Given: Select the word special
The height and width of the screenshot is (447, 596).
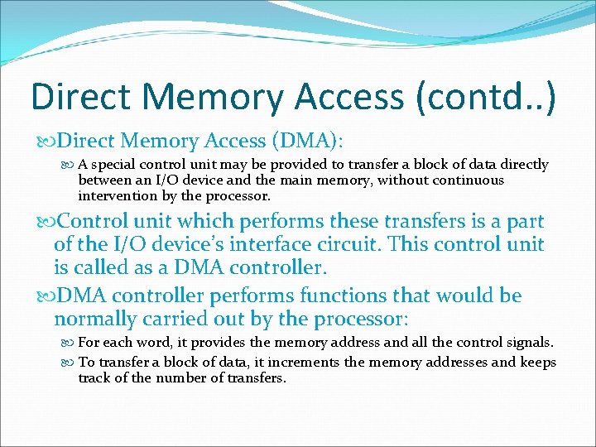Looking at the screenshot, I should tap(118, 165).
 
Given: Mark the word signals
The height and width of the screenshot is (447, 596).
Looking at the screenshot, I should tap(529, 343).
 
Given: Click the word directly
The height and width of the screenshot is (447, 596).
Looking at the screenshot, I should tap(520, 165).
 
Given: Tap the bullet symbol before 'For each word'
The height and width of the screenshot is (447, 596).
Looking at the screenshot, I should tap(70, 343).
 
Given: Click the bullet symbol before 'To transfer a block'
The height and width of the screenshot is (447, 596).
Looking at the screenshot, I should tap(70, 362).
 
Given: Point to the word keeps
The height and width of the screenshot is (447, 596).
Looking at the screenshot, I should tap(540, 362).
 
